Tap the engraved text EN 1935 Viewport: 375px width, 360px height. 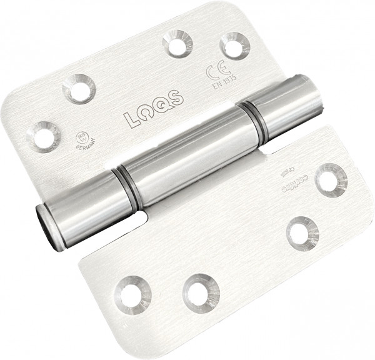click(x=222, y=83)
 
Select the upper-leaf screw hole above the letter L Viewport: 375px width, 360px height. click(x=79, y=88)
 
